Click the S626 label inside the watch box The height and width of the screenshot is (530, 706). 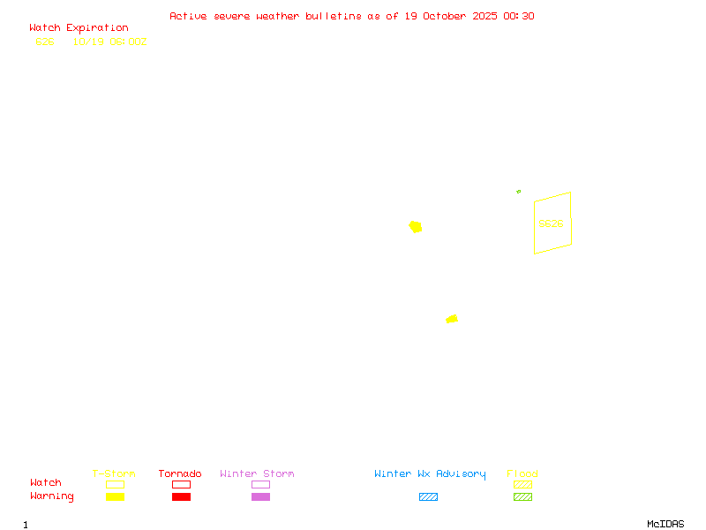(551, 223)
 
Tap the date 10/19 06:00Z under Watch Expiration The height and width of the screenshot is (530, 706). (109, 42)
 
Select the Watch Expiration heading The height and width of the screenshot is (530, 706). (79, 28)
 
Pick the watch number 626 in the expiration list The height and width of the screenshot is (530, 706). (45, 42)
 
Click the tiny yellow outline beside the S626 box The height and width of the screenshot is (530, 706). (519, 191)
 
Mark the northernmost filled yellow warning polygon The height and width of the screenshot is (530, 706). (416, 227)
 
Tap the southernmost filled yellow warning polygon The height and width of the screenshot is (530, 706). (452, 319)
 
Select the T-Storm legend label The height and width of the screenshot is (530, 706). (114, 473)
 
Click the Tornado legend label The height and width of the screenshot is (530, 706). (180, 473)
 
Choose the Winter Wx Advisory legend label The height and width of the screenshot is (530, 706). (430, 473)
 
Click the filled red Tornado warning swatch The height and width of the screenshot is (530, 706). (181, 496)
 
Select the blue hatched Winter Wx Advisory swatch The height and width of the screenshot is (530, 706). (428, 496)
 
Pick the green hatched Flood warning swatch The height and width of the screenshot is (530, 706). (522, 496)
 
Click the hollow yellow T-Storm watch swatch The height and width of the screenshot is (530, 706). (115, 484)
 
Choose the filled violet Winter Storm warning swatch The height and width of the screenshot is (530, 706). (260, 496)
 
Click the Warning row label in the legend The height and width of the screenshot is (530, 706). (52, 496)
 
